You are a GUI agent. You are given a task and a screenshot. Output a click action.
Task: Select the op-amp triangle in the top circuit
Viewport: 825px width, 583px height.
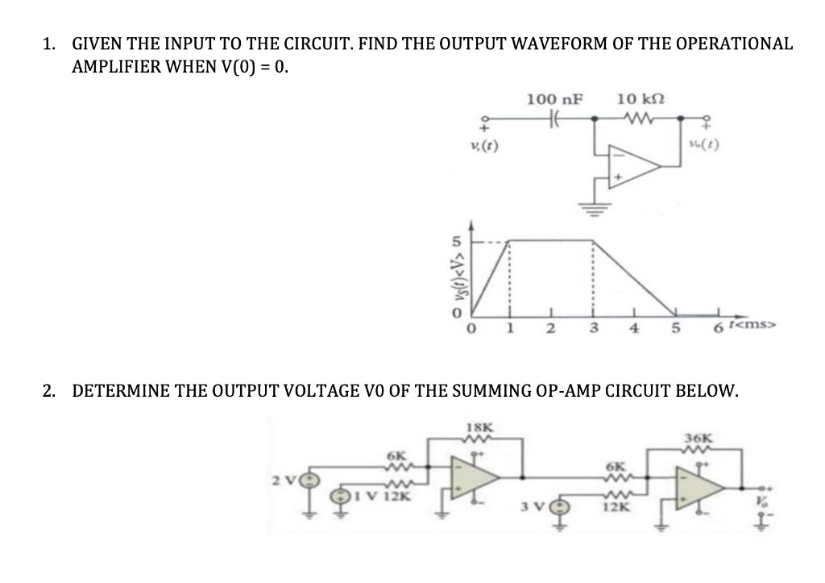[x=633, y=166]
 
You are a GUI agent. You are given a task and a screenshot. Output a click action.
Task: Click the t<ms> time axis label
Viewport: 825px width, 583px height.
[x=750, y=326]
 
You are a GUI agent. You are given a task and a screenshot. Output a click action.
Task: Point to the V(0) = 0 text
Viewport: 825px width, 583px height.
[x=249, y=67]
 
